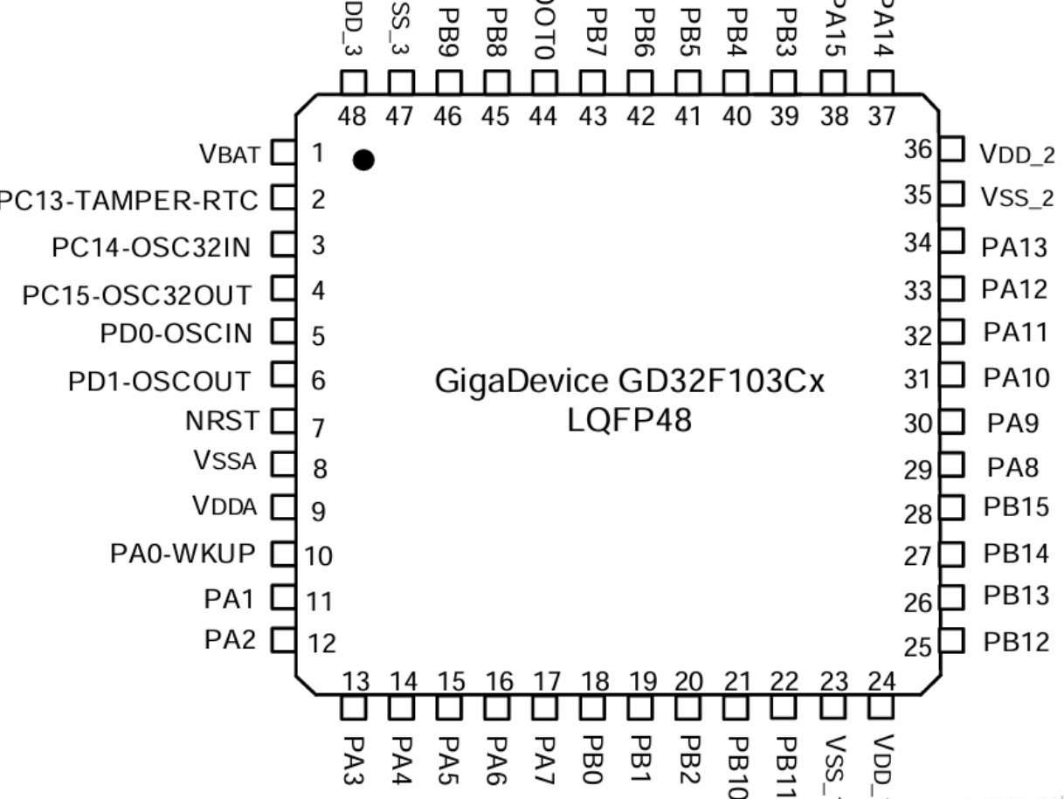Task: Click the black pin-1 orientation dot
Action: [364, 160]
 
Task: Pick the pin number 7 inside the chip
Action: [319, 428]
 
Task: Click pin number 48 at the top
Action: [352, 119]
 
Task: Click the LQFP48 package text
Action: [629, 422]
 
